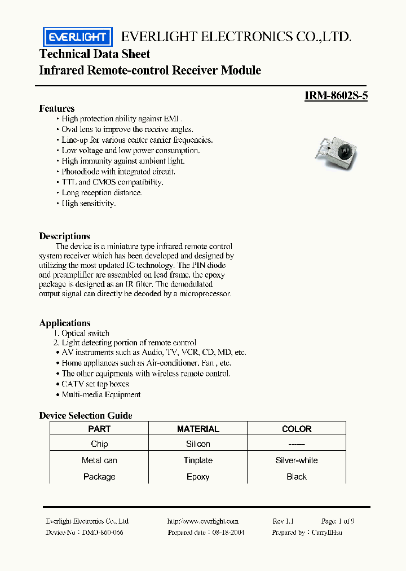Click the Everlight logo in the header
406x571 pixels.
(78, 37)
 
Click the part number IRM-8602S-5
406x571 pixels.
(336, 96)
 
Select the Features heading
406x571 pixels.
(56, 108)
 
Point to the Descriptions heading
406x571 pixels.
(64, 236)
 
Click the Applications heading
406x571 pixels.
(65, 323)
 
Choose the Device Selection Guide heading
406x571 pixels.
(86, 415)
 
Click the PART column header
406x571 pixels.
(99, 429)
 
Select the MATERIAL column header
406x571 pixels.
(198, 429)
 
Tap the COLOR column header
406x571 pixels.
(297, 429)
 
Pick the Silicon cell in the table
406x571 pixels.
(198, 444)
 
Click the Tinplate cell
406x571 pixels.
(198, 460)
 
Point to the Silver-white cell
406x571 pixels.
(297, 460)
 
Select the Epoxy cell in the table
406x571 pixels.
(198, 477)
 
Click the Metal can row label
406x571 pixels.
(99, 460)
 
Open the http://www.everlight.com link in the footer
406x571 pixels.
(203, 521)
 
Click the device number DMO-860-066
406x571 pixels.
(102, 533)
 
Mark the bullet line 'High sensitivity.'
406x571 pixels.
(89, 203)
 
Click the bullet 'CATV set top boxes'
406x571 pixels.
(95, 384)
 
